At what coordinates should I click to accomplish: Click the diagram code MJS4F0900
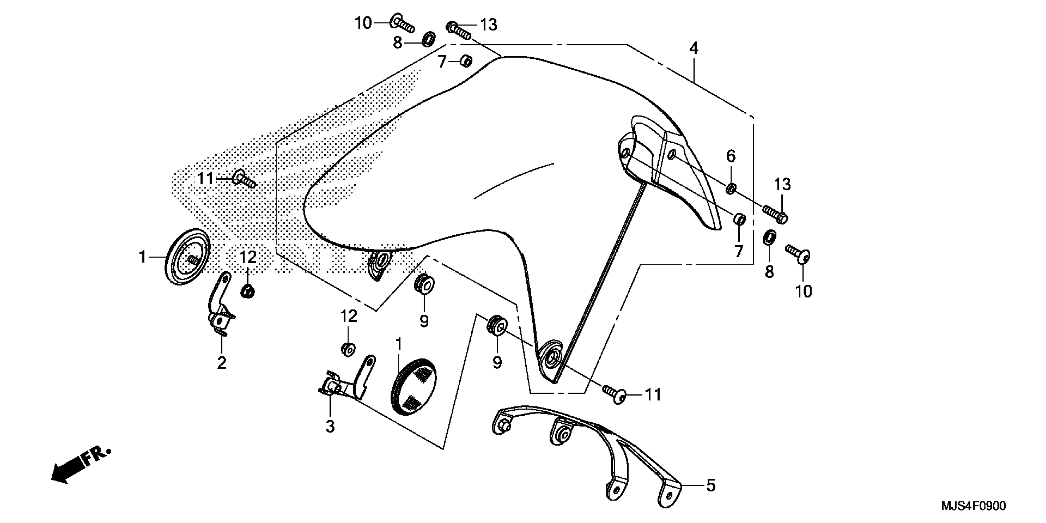point(973,506)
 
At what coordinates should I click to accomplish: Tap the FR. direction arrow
point(80,465)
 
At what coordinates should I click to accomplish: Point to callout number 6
point(730,156)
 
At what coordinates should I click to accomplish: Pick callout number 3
point(330,426)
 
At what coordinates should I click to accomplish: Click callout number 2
point(221,363)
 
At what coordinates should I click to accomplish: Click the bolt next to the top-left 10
point(402,23)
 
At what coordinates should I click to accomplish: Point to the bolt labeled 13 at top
point(459,30)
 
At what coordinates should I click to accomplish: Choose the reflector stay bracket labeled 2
point(221,305)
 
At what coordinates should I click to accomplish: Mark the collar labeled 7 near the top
point(466,61)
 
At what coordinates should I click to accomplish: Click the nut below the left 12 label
point(247,291)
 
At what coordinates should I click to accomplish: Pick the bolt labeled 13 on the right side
point(776,214)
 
